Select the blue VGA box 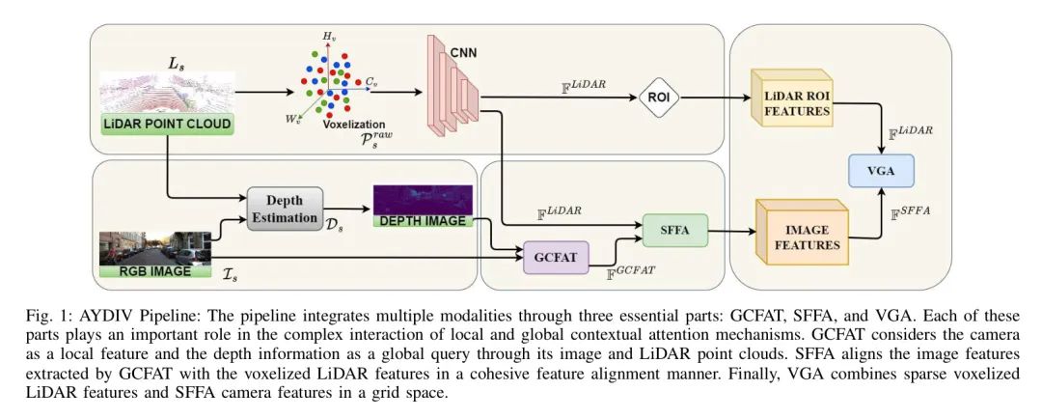(x=879, y=171)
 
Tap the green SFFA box (x=674, y=231)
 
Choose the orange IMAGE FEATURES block (x=802, y=237)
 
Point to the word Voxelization (x=354, y=125)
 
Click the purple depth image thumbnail (x=424, y=199)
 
